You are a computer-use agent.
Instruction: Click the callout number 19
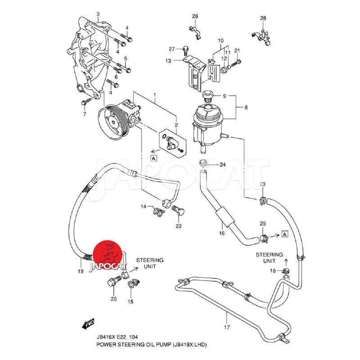coord(81,271)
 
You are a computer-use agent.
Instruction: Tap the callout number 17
coord(227,327)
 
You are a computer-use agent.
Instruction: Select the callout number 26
coord(195,16)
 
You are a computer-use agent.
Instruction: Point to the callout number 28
coord(263,18)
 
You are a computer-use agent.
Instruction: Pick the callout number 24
coord(222,165)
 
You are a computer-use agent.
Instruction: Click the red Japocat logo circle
coord(108,255)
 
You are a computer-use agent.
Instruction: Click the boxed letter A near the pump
coord(153,158)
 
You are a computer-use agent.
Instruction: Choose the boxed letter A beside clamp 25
coord(284,233)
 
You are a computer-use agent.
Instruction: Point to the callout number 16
coord(221,234)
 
